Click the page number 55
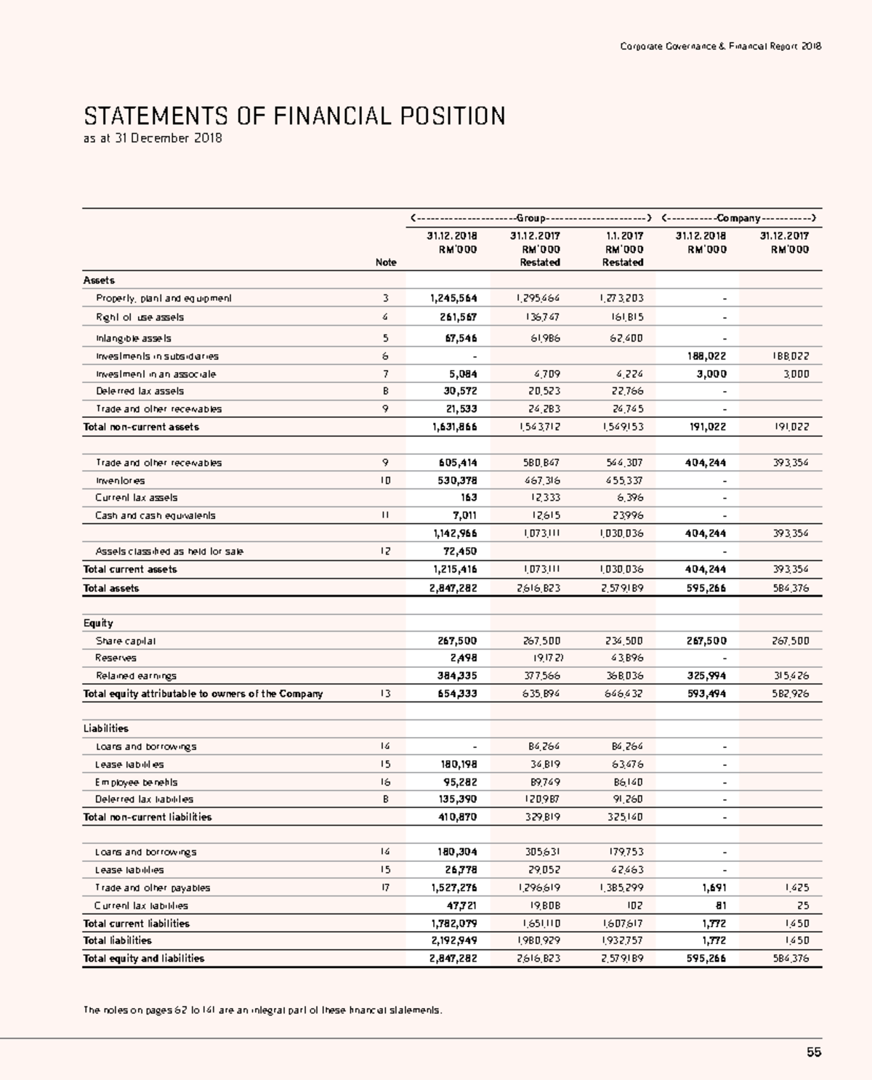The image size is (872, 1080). coord(813,1052)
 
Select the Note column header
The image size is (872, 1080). coord(385,262)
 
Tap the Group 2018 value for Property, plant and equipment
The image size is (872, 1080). coord(453,298)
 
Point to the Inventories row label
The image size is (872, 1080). coord(120,480)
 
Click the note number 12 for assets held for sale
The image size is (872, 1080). coord(385,551)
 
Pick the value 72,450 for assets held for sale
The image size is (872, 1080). coord(460,551)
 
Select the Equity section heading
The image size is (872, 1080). coord(98,623)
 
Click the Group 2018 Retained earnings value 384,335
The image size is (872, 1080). coord(457,675)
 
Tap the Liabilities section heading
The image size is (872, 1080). coord(105,728)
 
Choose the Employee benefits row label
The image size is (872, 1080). coord(136,782)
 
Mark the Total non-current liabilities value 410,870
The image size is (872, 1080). coord(457,817)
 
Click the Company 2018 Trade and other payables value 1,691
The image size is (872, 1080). coord(714,887)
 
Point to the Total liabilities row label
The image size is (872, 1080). coord(117,940)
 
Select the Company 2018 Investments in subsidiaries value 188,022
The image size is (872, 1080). coord(706,356)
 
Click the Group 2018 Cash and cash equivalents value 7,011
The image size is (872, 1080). coord(464,515)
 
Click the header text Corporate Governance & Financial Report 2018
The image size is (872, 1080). coord(720,47)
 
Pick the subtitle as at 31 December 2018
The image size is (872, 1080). coord(153,138)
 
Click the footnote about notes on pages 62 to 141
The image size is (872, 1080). coord(262,1010)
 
